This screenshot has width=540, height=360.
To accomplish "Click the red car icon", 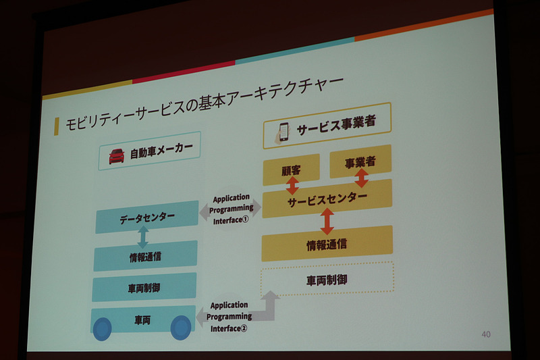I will (x=117, y=156).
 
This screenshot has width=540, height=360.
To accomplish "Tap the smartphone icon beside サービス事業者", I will (x=283, y=130).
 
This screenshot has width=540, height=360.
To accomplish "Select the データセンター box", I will (x=146, y=217).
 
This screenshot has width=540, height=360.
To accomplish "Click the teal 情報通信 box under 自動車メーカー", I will (x=145, y=255).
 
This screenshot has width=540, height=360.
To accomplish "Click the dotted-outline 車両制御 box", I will (x=327, y=278).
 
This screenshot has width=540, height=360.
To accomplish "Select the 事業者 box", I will (x=360, y=162).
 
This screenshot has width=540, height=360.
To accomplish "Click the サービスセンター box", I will (x=327, y=199).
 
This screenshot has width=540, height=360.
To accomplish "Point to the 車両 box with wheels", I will (x=142, y=318).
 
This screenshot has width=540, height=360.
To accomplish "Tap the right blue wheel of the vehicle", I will (x=180, y=328).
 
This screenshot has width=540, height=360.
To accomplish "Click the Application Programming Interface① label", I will (x=231, y=209).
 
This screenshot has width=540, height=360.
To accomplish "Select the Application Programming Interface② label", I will (x=229, y=316).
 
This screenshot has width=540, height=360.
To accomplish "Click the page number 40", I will (x=487, y=334).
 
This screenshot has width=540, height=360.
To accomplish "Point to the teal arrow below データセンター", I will (x=143, y=236).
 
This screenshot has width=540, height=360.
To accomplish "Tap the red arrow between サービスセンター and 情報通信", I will (x=327, y=221).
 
